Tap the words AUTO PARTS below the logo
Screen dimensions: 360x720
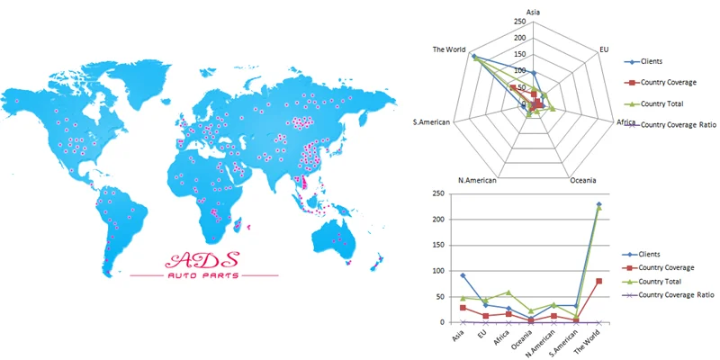pos(203,275)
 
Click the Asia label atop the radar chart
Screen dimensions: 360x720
pos(533,12)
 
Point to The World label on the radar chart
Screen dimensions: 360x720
pos(449,49)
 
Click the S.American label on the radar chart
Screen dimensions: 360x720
pos(431,121)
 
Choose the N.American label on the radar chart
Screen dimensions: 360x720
pos(477,179)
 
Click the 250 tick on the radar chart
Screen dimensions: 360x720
pos(520,22)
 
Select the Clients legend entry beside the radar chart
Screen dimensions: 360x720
pos(651,62)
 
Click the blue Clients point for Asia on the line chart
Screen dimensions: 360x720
pos(463,275)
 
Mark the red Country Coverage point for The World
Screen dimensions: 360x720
pos(598,281)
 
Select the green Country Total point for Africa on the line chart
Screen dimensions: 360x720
pos(508,292)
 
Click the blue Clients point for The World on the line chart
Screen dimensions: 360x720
pos(598,204)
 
